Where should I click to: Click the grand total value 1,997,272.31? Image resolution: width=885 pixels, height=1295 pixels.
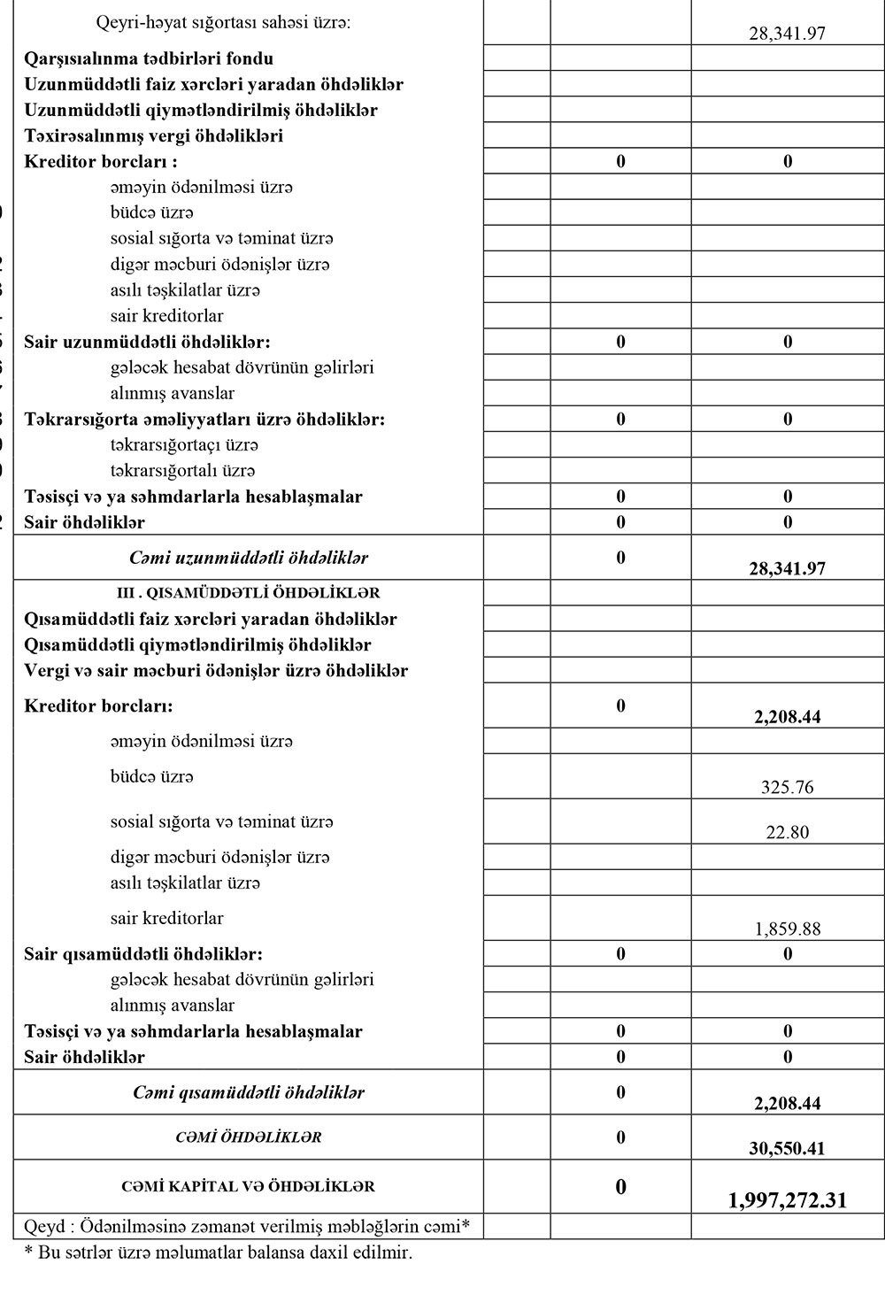click(787, 1199)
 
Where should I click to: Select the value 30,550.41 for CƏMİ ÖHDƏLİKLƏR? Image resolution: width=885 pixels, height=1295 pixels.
click(787, 1148)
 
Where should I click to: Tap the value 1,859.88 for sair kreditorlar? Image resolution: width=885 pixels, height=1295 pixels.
click(787, 929)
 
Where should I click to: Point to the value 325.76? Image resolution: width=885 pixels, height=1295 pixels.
click(787, 787)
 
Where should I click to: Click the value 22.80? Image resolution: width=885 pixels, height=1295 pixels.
click(787, 832)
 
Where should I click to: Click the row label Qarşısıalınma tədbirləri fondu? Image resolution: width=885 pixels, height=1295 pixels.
click(149, 58)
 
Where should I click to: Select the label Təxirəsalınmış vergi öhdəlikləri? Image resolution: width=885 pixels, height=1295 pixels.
click(154, 135)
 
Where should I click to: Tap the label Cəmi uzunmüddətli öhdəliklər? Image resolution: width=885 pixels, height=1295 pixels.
click(249, 558)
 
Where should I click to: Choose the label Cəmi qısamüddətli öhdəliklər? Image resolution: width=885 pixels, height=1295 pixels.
click(249, 1092)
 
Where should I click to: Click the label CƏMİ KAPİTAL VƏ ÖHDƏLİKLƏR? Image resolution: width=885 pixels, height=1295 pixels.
click(249, 1186)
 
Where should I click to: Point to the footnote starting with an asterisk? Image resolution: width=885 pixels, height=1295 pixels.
click(218, 1253)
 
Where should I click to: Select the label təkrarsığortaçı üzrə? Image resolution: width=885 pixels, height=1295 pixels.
click(184, 444)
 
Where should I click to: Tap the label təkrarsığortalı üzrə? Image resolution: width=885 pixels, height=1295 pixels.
click(182, 470)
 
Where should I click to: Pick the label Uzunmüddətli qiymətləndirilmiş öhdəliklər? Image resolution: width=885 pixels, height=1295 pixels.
click(201, 110)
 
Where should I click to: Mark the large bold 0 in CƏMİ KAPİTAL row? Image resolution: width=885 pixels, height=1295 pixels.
click(620, 1187)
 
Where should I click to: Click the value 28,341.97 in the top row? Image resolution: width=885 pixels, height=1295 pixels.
click(787, 35)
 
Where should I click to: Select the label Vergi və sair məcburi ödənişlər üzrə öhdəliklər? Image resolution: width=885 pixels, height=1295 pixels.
click(216, 670)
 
